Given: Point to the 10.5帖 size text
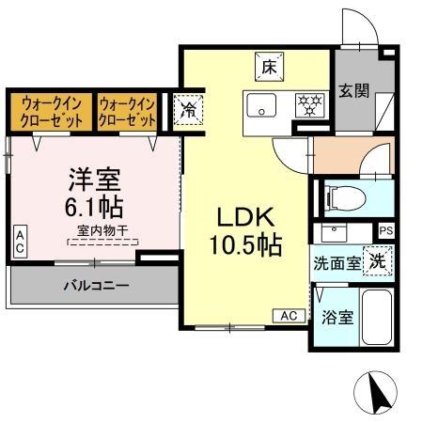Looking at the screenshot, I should pyautogui.click(x=246, y=245).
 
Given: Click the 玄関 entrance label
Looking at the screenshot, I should pyautogui.click(x=353, y=91).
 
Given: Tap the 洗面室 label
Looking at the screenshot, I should pyautogui.click(x=337, y=264).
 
